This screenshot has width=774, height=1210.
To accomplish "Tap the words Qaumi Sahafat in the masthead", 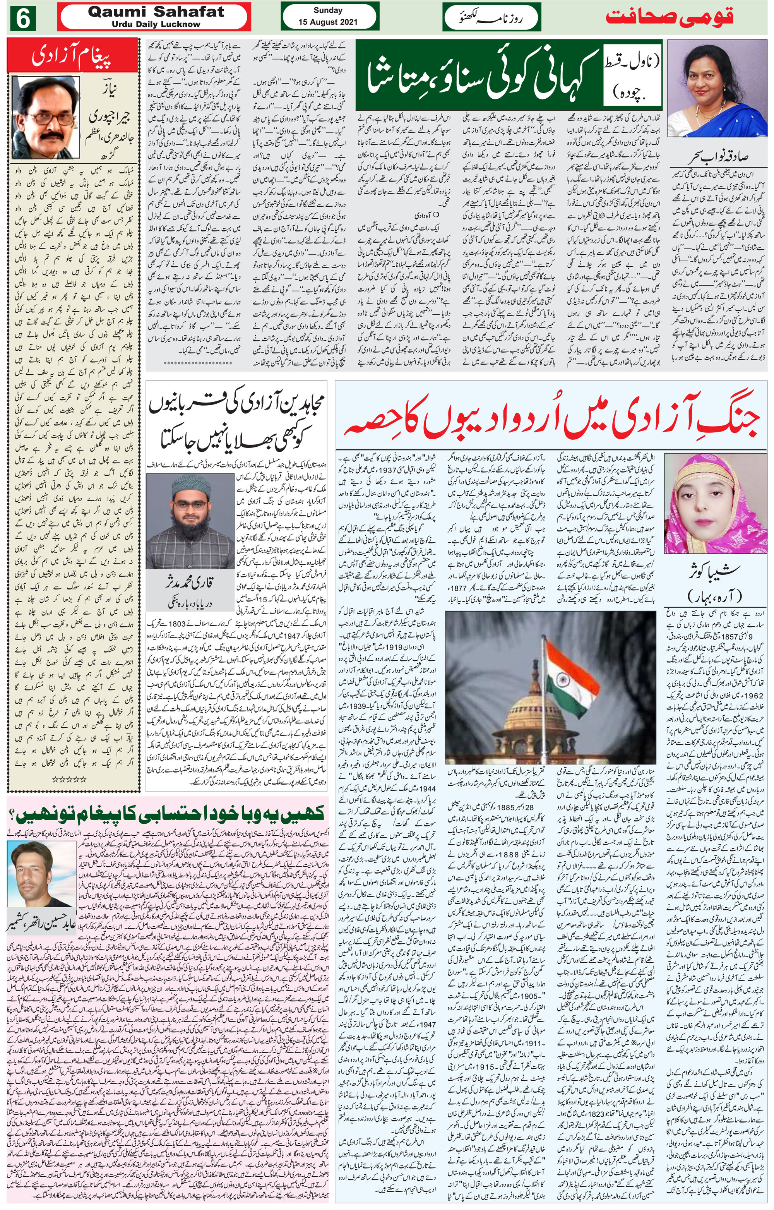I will click(156, 12).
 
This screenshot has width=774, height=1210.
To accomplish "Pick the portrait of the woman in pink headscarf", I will click(715, 503).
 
